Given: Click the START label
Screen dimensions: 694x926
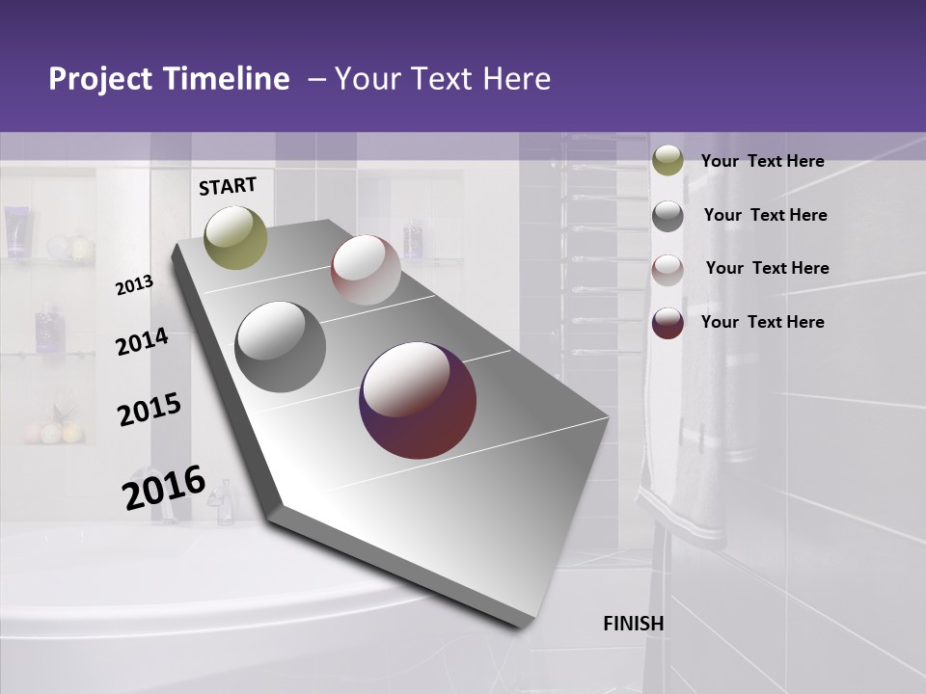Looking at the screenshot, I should (228, 186).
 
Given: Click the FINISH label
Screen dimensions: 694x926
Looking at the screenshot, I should (634, 624).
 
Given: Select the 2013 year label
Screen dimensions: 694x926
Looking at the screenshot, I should (134, 284).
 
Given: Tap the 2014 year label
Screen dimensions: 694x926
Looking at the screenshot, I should (142, 341).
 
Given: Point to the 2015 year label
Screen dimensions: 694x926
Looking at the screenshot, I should (149, 410).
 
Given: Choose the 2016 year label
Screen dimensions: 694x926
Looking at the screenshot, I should (164, 487).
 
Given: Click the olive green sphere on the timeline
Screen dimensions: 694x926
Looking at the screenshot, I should (236, 237).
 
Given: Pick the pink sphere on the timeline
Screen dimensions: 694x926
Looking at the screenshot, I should (366, 270).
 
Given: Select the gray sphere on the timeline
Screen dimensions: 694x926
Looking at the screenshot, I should (281, 347).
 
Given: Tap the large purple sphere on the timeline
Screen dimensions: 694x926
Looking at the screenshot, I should (418, 400).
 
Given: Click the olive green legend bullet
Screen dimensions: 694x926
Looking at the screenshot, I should (667, 161).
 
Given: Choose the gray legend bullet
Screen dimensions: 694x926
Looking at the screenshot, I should (667, 216).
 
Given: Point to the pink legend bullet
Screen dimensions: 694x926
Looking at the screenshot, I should (667, 270).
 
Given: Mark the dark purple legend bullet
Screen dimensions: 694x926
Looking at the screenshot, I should (667, 323).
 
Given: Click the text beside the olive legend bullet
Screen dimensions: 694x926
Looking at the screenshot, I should (762, 161).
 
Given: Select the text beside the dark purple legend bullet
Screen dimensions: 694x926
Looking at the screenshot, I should (762, 322).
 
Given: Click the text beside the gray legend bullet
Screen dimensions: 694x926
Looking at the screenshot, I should (765, 215).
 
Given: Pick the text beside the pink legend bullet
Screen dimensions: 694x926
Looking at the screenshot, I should (767, 268).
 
